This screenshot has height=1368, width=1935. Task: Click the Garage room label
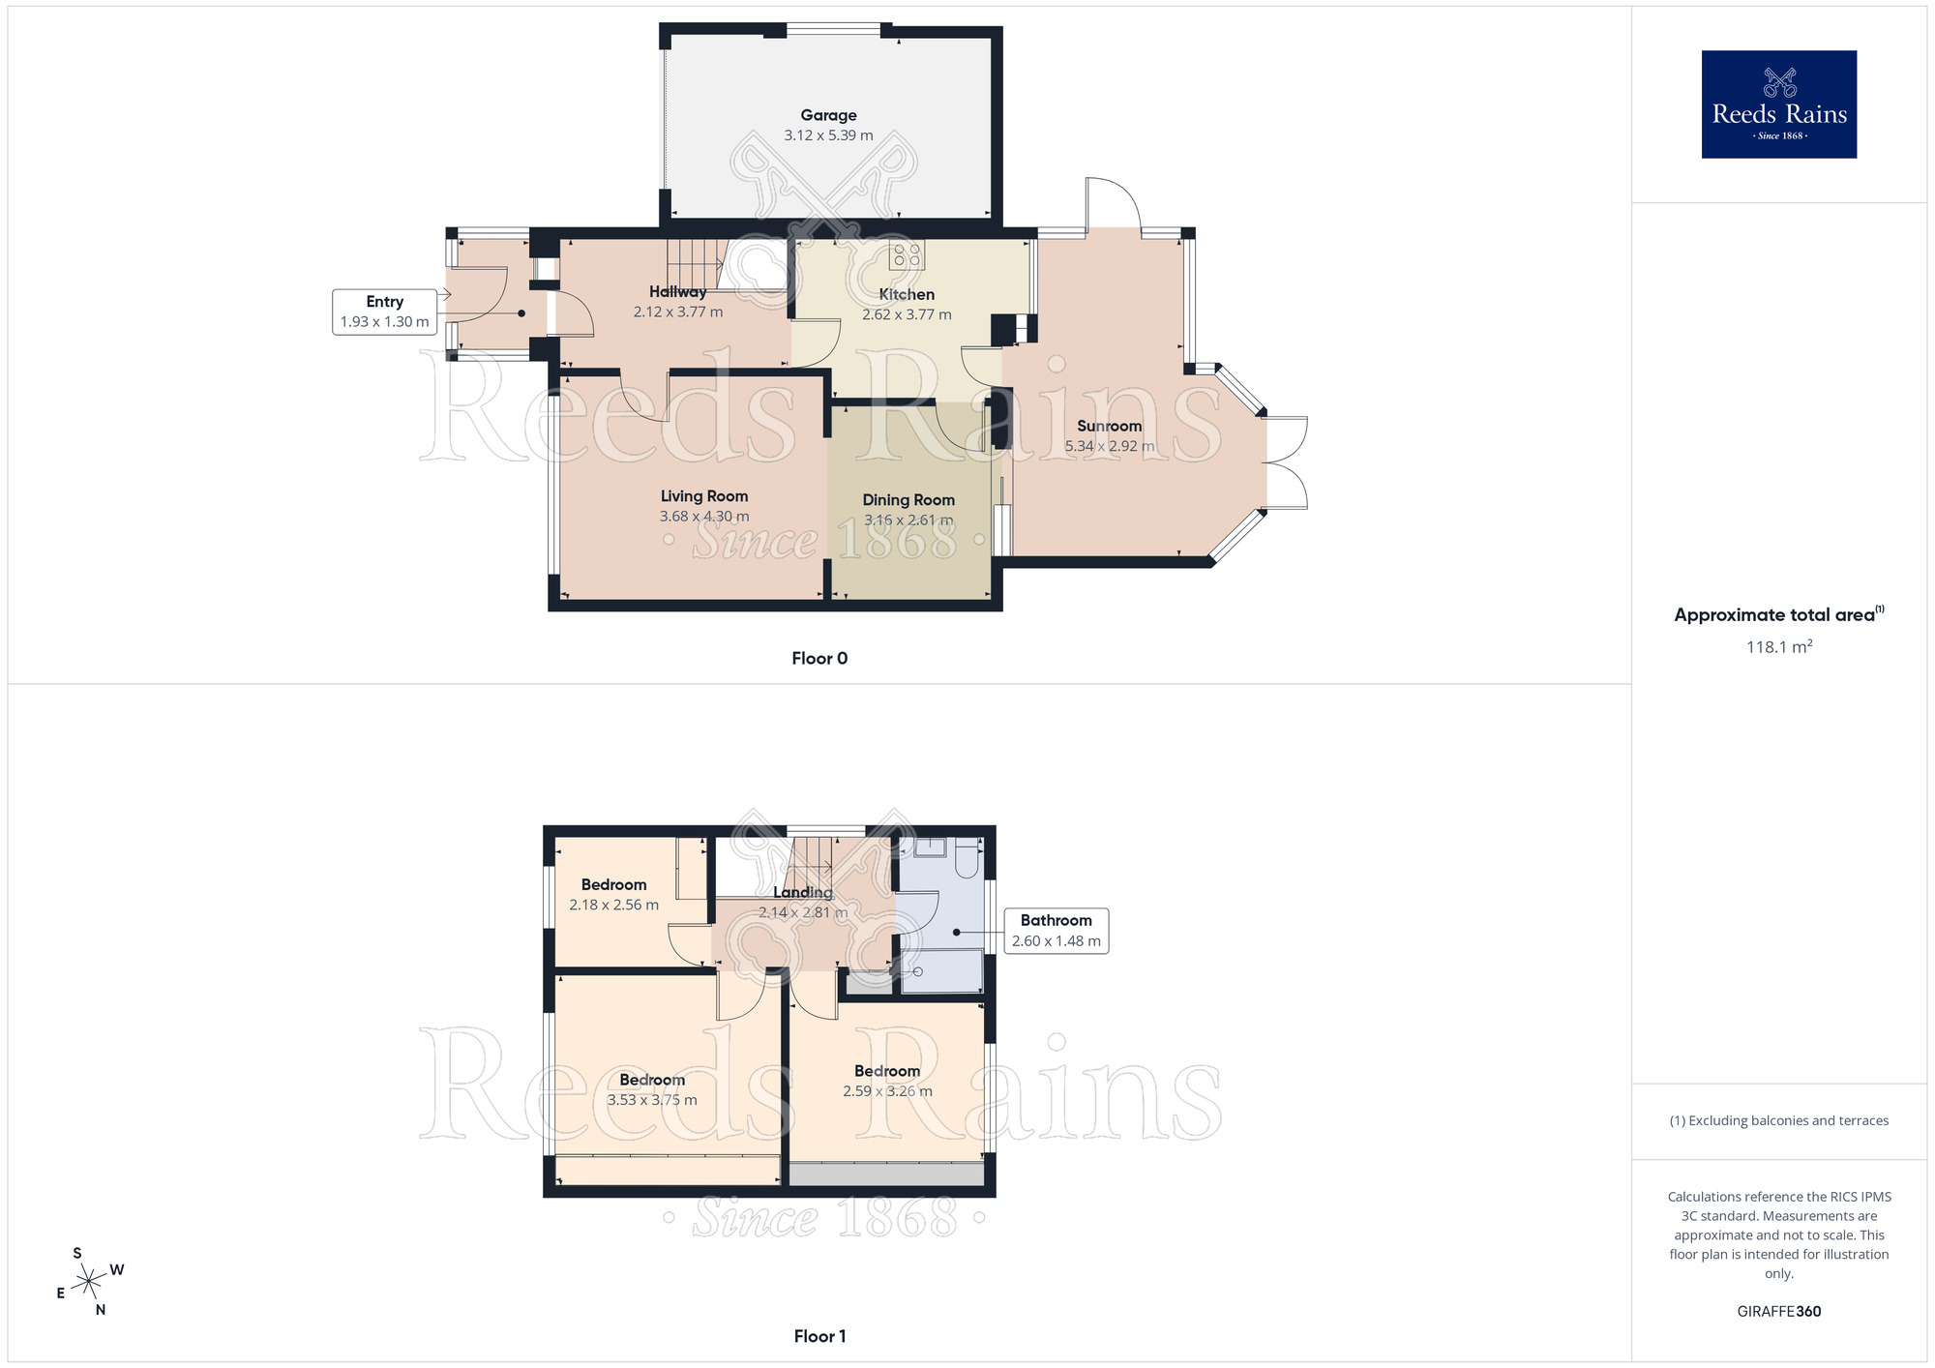[828, 115]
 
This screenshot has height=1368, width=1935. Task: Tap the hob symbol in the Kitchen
[908, 255]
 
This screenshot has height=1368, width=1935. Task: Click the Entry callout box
[384, 312]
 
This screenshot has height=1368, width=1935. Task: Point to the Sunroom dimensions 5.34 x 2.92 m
[1109, 446]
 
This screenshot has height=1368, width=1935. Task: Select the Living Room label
[704, 496]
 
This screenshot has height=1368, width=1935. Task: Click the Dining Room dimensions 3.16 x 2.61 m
[908, 520]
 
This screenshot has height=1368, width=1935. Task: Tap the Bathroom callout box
[1056, 931]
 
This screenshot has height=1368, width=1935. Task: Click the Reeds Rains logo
[1778, 104]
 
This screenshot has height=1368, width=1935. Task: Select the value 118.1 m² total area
[1778, 647]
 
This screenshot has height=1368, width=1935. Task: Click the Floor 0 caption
[819, 659]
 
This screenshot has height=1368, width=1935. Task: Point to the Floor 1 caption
[819, 1336]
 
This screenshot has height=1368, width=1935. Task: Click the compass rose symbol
[89, 1282]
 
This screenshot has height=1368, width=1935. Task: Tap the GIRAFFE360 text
[1778, 1312]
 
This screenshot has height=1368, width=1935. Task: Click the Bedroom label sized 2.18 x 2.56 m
[613, 884]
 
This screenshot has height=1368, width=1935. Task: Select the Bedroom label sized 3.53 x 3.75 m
[652, 1080]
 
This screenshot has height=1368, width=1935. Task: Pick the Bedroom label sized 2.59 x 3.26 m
[886, 1071]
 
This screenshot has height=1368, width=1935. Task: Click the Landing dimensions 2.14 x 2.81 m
[802, 912]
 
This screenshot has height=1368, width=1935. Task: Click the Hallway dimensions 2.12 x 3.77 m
[677, 312]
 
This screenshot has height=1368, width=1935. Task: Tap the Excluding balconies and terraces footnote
[1778, 1120]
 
